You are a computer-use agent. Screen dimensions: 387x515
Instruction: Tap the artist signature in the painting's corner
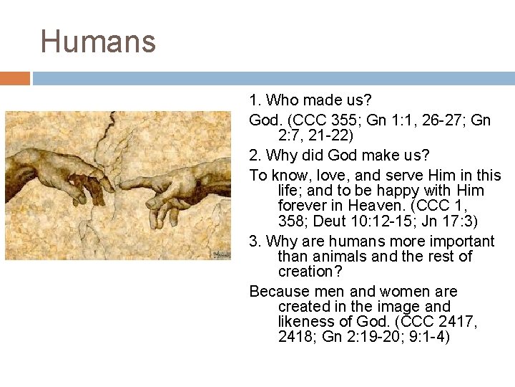point(220,253)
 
